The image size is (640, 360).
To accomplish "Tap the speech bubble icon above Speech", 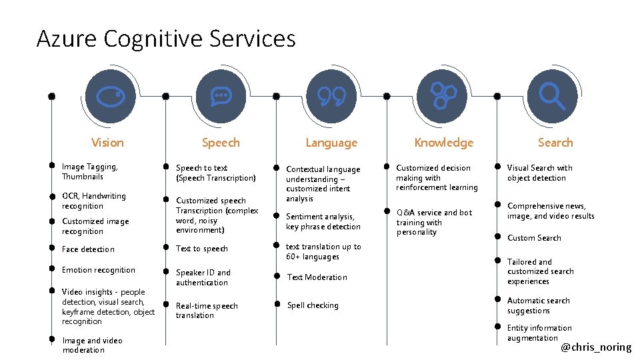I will pos(221,97).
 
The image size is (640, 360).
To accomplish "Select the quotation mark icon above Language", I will pos(331,97).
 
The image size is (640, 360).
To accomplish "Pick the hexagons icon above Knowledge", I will pos(443,96).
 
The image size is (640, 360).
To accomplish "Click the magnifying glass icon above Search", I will pos(552,97).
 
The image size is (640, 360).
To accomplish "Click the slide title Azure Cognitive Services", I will pos(166,39).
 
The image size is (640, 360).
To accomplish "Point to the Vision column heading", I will pos(107,143).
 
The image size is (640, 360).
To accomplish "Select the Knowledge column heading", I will pos(443,143).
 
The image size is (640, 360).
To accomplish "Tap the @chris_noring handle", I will pos(595,347).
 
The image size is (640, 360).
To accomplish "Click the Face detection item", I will pos(88,249).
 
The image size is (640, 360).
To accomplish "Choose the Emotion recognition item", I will pos(98,270).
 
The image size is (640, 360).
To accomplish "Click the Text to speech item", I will pos(201,249).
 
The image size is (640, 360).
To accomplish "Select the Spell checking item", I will pos(313,305).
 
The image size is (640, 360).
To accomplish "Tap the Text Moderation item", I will pos(317,277).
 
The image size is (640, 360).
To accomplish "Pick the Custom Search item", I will pos(534,238).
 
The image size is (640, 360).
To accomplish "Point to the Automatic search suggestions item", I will pos(538,306).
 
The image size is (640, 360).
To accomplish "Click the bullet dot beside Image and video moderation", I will pos(51,339).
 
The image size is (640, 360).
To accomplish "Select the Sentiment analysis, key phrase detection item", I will pos(323,221).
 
